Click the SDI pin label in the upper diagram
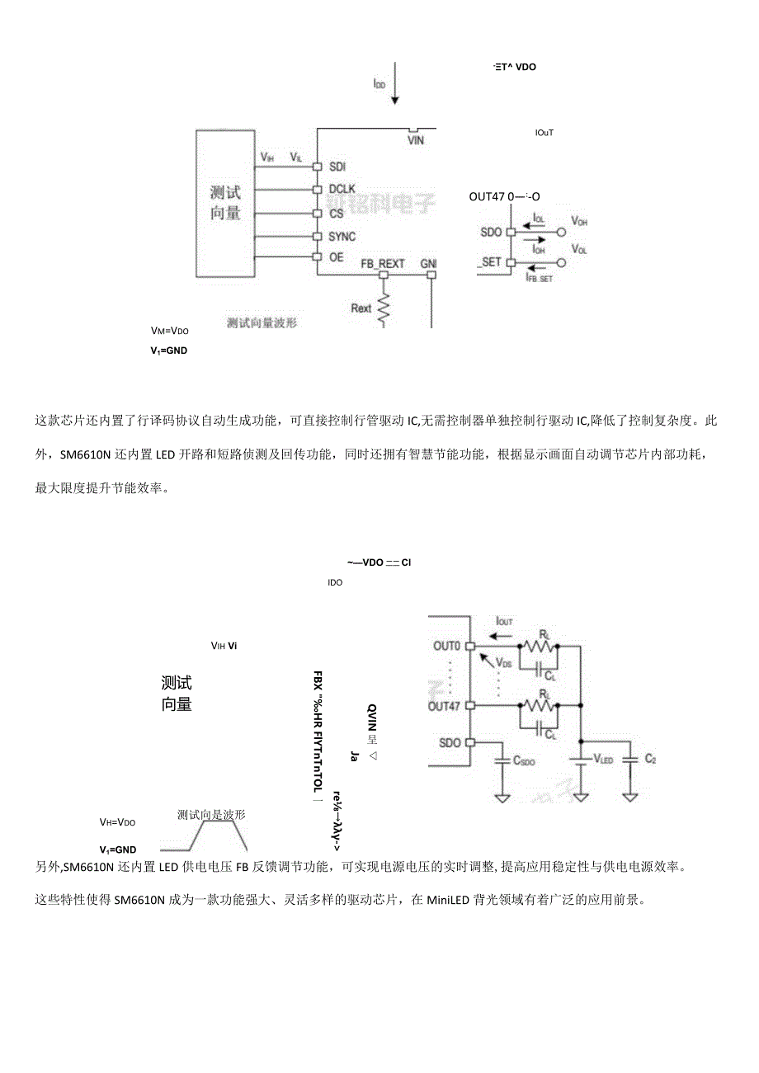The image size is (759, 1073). tap(337, 166)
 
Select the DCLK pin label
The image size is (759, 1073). tap(342, 189)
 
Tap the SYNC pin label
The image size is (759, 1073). tap(342, 237)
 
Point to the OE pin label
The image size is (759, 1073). tap(336, 256)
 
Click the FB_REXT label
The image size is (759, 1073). tap(383, 264)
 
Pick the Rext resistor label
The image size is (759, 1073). tap(361, 308)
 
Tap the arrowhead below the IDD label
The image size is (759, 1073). tap(394, 101)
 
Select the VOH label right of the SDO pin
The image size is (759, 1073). tap(579, 222)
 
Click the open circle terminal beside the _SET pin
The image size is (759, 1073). tap(561, 263)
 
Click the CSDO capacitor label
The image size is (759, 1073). tap(523, 762)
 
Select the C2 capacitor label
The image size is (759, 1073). tap(650, 758)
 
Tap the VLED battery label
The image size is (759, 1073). tap(603, 759)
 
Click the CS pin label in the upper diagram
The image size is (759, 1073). tap(336, 214)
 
